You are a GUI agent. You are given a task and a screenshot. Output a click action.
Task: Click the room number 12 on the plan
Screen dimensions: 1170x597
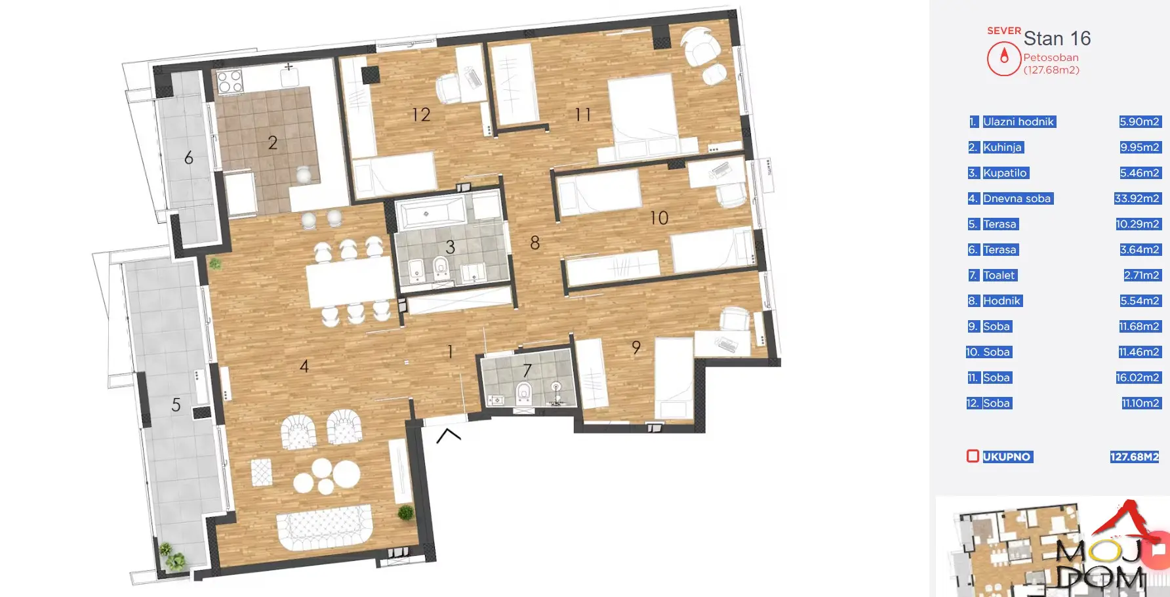(x=421, y=115)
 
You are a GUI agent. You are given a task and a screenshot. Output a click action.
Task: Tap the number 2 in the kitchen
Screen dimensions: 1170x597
(x=273, y=142)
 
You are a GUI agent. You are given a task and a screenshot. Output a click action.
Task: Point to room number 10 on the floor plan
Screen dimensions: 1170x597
(x=659, y=218)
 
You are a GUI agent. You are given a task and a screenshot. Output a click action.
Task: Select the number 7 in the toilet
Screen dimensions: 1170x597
(x=527, y=371)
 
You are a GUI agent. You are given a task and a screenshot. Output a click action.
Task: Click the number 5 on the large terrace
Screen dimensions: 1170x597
(x=176, y=405)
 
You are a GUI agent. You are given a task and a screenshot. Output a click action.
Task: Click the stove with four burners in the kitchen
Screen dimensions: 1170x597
(x=230, y=82)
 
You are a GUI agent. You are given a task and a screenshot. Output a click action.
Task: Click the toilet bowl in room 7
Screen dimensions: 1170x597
(x=523, y=392)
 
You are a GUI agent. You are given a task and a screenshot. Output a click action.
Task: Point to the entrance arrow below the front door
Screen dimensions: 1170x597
(x=449, y=435)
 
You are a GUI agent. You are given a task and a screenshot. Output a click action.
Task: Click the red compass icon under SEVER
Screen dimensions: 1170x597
(x=1004, y=59)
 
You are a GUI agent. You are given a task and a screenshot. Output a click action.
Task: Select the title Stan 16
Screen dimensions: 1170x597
(x=1057, y=38)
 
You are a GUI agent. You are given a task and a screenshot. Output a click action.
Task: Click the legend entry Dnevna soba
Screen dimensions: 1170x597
(x=1017, y=198)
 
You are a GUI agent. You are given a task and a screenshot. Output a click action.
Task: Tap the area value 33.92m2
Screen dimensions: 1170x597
(x=1137, y=198)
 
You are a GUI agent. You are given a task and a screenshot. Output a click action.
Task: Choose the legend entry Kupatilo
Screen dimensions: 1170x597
(x=1005, y=173)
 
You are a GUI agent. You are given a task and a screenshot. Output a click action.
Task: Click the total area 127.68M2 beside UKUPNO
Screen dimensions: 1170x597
(x=1135, y=457)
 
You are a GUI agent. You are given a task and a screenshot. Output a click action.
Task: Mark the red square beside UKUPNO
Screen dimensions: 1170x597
(x=973, y=456)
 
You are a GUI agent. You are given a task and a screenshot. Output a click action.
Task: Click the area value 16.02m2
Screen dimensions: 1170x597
(x=1138, y=377)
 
